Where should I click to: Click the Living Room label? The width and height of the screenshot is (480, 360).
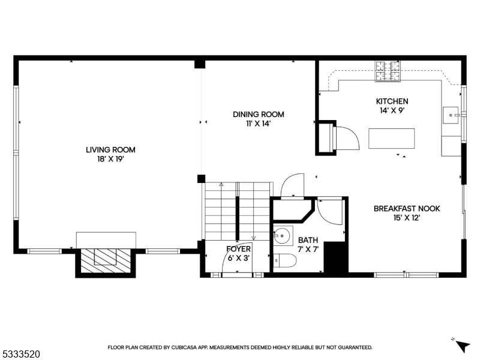[110, 150]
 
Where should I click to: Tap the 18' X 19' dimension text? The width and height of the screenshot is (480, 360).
[110, 160]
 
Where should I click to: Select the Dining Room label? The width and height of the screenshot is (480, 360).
[258, 115]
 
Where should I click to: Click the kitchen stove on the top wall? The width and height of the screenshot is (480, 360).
[388, 71]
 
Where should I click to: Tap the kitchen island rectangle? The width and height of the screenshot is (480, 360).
[391, 139]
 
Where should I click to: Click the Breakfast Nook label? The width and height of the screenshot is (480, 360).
[407, 209]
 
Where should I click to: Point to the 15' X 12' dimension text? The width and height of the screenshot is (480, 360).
[407, 218]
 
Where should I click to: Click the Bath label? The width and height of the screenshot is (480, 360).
[308, 241]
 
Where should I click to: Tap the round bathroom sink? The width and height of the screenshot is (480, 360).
[283, 235]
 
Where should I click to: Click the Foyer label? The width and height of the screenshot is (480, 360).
[238, 249]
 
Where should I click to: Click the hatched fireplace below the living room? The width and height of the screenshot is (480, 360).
[105, 258]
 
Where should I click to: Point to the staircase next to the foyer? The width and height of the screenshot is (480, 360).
[238, 210]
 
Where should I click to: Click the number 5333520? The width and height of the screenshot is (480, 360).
[20, 355]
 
